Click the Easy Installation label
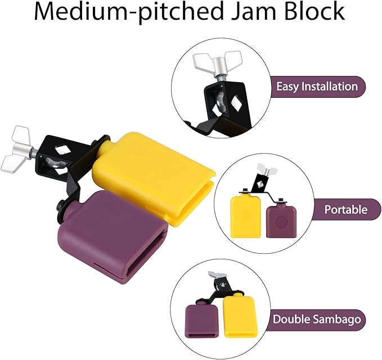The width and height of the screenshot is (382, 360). (x=317, y=87)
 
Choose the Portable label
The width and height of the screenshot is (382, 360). (x=345, y=210)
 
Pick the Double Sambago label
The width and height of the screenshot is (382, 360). (x=317, y=319)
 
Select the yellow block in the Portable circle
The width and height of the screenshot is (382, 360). (x=244, y=217)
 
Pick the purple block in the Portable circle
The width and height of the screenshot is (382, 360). (x=280, y=221)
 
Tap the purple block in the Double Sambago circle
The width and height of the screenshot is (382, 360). (x=201, y=319)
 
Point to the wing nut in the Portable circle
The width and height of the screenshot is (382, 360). (x=263, y=169)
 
